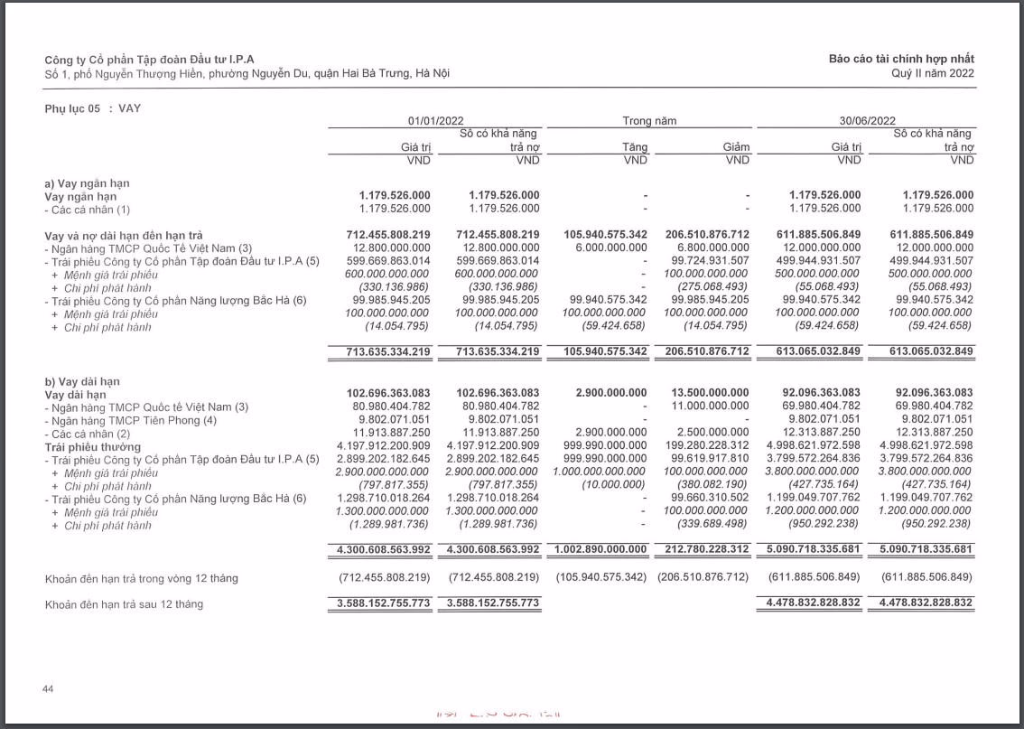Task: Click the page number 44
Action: pos(49,689)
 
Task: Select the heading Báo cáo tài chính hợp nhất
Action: pos(901,59)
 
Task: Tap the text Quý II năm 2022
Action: pos(932,73)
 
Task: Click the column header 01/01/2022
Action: pos(435,120)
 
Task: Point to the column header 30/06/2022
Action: pos(867,120)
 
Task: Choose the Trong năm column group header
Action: pos(648,120)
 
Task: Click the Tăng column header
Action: pos(634,147)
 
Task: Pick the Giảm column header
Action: pos(736,147)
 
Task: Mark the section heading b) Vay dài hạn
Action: pos(82,381)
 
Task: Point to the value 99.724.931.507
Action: pos(710,261)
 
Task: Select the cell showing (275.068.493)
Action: pos(713,287)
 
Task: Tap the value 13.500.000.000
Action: pos(710,393)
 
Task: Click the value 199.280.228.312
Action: pos(710,446)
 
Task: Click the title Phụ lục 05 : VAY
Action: pos(93,108)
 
